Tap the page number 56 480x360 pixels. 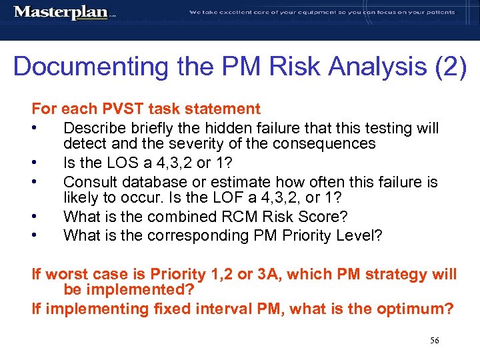pyautogui.click(x=434, y=341)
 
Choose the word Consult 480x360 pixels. pyautogui.click(x=89, y=181)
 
